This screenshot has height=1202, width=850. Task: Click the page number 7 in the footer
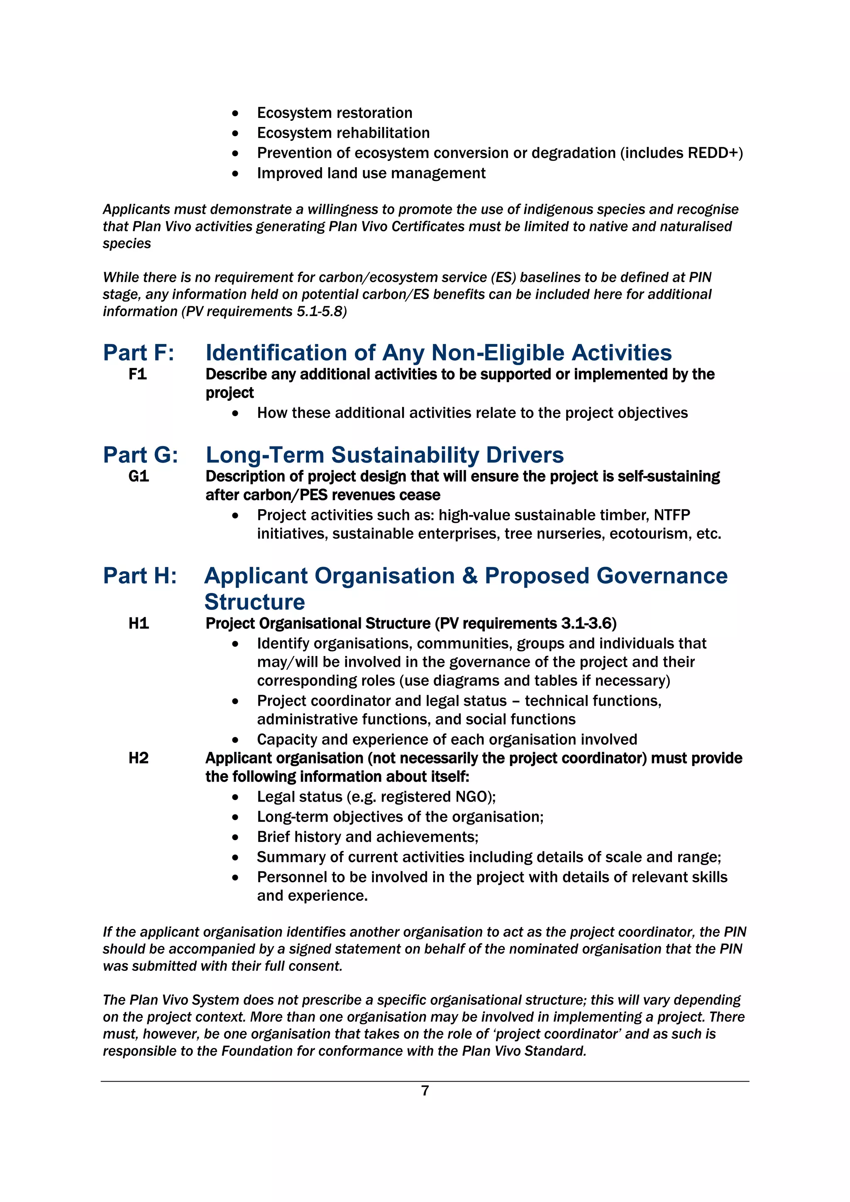click(425, 1090)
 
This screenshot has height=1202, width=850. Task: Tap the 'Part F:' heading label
click(138, 352)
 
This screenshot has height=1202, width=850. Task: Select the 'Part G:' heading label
click(140, 454)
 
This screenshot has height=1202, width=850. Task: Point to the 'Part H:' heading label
click(140, 575)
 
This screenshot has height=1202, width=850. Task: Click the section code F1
click(138, 374)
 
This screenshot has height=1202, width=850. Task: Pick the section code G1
click(139, 476)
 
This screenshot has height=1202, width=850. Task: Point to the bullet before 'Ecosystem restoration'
click(236, 113)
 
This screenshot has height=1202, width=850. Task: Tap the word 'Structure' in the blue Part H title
click(254, 602)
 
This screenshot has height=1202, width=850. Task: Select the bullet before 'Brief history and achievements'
click(236, 837)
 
